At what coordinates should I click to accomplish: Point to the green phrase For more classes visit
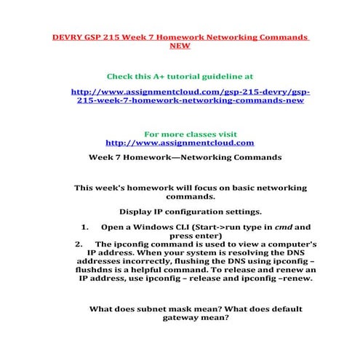pos(180,135)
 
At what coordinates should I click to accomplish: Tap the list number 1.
pos(84,227)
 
